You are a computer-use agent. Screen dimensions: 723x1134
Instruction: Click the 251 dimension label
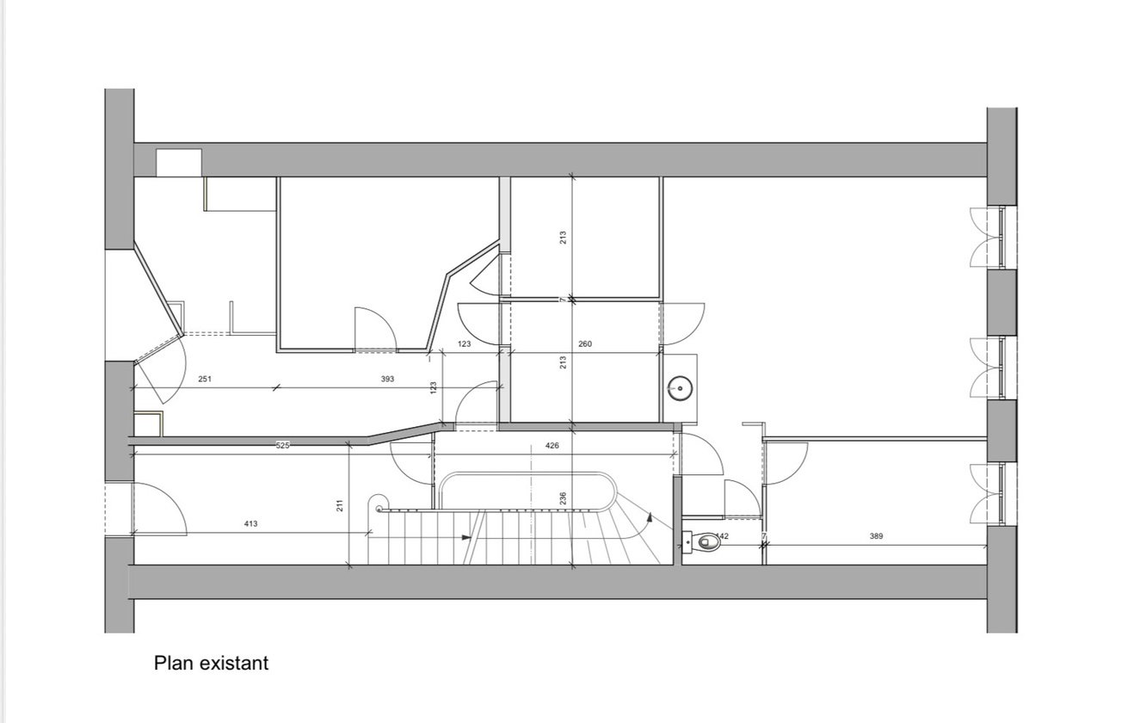point(205,379)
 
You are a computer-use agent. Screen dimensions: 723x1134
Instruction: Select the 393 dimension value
point(387,379)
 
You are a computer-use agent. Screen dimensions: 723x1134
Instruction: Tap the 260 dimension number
point(585,344)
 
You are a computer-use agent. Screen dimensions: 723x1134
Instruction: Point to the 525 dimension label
point(283,445)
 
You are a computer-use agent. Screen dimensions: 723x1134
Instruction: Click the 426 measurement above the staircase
point(552,446)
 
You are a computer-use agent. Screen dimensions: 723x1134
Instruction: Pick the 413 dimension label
point(250,523)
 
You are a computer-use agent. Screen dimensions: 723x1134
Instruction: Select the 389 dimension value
point(876,536)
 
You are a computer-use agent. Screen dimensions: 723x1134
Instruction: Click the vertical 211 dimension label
point(340,505)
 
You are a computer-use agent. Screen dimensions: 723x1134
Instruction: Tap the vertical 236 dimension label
point(563,498)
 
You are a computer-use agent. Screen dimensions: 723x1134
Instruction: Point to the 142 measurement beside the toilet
point(723,536)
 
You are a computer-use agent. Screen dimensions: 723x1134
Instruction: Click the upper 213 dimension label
point(563,236)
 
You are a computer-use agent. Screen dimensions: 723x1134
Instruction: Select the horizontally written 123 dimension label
point(465,344)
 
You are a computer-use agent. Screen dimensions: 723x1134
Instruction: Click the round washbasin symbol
point(681,387)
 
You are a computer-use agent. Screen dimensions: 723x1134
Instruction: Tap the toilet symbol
point(708,542)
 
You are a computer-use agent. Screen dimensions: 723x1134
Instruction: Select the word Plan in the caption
point(174,663)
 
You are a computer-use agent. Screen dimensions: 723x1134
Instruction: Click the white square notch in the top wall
point(179,163)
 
